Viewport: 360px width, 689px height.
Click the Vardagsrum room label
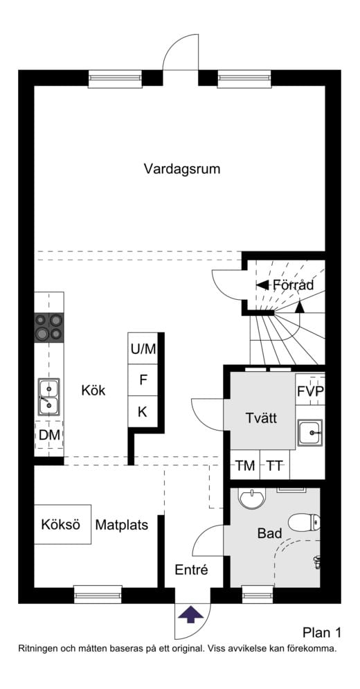(x=182, y=169)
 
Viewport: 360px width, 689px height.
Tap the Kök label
(x=93, y=390)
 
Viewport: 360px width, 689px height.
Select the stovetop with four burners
(x=48, y=328)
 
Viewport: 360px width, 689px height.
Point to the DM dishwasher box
(x=49, y=435)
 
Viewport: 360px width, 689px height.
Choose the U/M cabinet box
(x=143, y=348)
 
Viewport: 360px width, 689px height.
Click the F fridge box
(x=143, y=380)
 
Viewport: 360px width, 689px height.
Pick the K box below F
(x=143, y=412)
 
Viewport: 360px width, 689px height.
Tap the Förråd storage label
(x=293, y=285)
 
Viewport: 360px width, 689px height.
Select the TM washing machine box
(x=245, y=465)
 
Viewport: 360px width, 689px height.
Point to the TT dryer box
(x=275, y=465)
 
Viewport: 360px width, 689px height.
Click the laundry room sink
(x=310, y=432)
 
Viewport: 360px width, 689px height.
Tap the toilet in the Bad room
(x=304, y=522)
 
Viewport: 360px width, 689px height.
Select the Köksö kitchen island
(x=62, y=524)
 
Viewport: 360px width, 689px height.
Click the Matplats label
(x=122, y=525)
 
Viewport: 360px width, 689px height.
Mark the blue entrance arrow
(x=191, y=614)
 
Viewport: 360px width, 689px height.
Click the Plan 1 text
(x=322, y=632)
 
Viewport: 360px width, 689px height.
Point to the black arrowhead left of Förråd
(x=262, y=285)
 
